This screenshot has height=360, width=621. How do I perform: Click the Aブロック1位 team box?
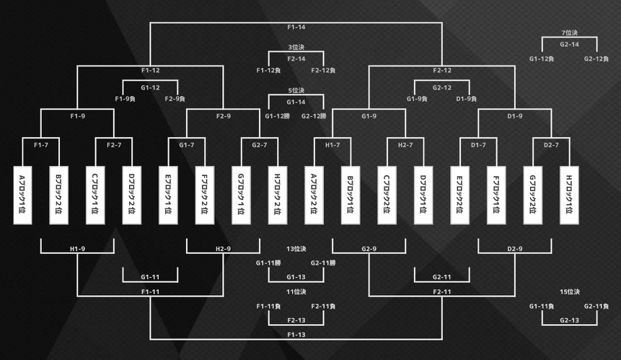click(22, 195)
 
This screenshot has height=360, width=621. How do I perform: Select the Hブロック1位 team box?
click(570, 195)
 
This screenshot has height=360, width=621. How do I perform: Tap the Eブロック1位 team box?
click(168, 195)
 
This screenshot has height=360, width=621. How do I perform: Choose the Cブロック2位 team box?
click(387, 195)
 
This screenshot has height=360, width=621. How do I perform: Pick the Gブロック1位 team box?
click(241, 195)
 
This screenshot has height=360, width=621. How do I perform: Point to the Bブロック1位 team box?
click(351, 195)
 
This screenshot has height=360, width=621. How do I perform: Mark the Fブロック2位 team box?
click(204, 195)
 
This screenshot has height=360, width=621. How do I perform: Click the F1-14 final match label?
click(296, 27)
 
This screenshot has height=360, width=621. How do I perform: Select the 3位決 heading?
click(296, 48)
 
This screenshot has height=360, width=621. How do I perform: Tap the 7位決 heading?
click(570, 33)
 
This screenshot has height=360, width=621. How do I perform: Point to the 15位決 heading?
click(570, 291)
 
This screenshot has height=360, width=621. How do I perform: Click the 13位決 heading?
click(296, 249)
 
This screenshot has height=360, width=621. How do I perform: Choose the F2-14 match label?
click(296, 58)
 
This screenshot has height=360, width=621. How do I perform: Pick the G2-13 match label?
click(570, 320)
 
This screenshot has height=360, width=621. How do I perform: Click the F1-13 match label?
click(296, 335)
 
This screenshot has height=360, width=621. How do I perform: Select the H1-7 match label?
click(332, 145)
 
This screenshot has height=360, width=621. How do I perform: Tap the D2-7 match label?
click(552, 145)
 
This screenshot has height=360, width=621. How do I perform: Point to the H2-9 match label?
click(223, 249)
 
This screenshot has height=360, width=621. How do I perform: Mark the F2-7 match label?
click(113, 145)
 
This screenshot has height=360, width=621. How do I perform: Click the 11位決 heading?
click(296, 291)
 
